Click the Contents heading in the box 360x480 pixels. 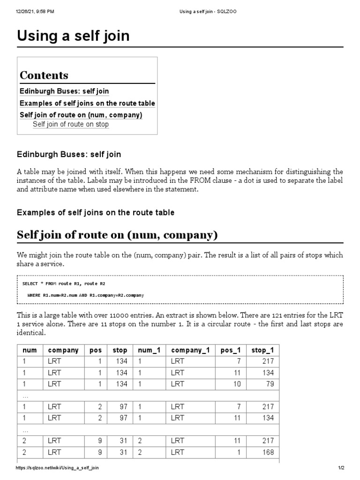click(x=44, y=75)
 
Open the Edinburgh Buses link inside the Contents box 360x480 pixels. click(x=64, y=91)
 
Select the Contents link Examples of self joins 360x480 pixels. click(x=87, y=103)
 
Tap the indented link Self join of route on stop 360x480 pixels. click(x=70, y=124)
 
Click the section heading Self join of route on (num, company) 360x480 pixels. click(x=117, y=235)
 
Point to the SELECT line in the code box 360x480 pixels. click(x=60, y=284)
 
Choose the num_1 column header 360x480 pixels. click(x=146, y=350)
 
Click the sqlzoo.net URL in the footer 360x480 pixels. click(x=57, y=468)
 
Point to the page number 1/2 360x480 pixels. click(x=341, y=468)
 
